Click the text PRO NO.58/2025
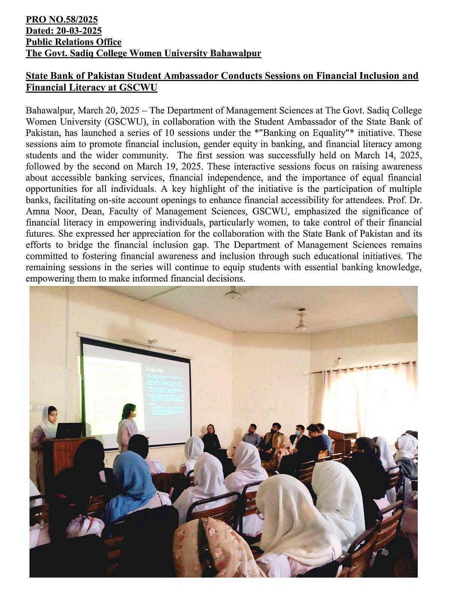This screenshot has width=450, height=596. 61,20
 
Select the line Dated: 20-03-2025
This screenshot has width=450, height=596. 63,31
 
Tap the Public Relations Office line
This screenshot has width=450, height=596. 73,42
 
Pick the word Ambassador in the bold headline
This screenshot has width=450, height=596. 185,76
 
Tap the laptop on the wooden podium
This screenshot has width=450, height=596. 70,430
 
